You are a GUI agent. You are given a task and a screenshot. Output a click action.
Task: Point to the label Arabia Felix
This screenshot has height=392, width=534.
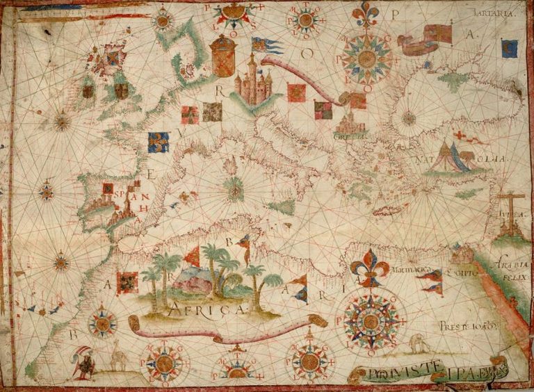[x=512, y=271]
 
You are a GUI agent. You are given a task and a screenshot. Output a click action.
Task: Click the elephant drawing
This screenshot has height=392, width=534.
[x=417, y=344]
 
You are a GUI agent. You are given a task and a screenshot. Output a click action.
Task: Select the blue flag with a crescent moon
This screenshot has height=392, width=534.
[x=510, y=48]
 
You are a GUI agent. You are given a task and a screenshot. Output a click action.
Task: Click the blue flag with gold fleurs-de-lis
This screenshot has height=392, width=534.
[x=158, y=142]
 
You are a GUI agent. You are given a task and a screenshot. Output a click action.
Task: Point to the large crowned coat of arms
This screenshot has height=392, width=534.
[x=223, y=55]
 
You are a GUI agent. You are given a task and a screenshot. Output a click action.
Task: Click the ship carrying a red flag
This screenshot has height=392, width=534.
[x=423, y=40]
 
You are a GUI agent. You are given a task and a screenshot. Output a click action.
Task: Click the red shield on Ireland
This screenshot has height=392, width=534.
[x=88, y=90]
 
